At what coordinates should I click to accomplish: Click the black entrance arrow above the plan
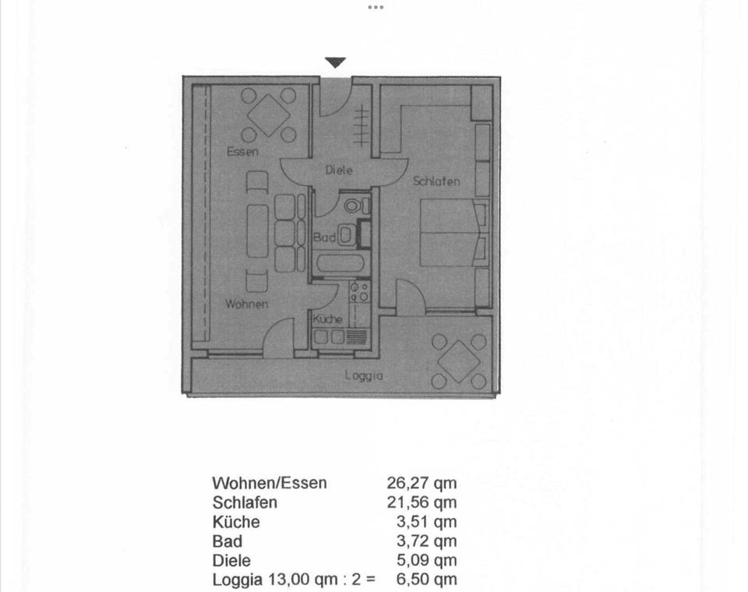coord(335,62)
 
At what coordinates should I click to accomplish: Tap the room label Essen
coord(242,152)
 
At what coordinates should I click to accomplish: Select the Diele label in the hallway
coord(339,170)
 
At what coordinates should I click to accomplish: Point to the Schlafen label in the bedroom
coord(436,181)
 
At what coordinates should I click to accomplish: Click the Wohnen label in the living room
coord(247,304)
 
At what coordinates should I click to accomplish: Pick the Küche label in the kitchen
coord(328,319)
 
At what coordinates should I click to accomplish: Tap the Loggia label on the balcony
coord(364,375)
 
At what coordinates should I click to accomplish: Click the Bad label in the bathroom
coord(324,237)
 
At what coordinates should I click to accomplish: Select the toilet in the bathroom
coord(356,206)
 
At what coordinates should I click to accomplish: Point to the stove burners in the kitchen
coord(359,292)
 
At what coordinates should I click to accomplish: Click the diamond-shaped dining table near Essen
coord(269,115)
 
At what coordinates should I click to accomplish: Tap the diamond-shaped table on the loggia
coord(458,361)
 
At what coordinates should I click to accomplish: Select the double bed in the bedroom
coord(454,232)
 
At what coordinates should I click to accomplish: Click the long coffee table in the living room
coord(258,231)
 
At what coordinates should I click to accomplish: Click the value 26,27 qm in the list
coord(422,483)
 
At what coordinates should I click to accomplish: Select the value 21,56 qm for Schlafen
coord(422,502)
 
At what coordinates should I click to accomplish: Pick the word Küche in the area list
coord(236,522)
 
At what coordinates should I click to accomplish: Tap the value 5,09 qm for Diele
coord(426,561)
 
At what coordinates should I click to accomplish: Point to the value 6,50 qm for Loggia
coord(426,580)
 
